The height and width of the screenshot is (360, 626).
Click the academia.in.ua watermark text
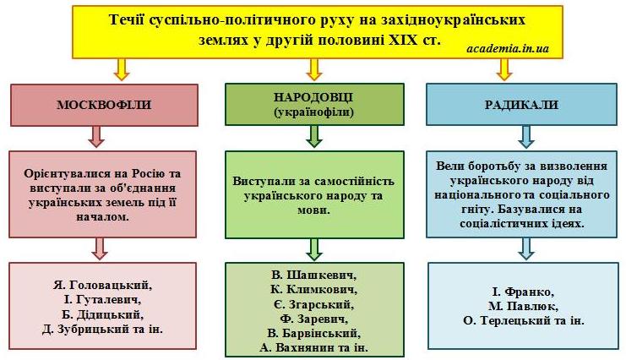coord(508,49)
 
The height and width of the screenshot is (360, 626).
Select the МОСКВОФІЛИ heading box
coord(104,105)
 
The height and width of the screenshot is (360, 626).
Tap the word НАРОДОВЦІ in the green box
coord(313,97)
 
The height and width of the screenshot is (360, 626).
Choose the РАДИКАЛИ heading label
coord(521,105)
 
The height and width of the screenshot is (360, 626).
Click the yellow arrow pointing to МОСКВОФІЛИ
coord(122,69)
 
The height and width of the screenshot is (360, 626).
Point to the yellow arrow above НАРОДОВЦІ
coord(314,69)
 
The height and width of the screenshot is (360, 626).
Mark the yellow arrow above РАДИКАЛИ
coord(504,69)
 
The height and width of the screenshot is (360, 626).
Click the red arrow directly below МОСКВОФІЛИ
coord(96,137)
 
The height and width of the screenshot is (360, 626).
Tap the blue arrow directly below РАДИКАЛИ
coord(525,137)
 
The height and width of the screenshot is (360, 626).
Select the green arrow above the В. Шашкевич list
coord(314,250)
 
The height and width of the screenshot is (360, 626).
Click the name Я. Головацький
coord(103,286)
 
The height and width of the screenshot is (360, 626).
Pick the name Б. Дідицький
coord(103,314)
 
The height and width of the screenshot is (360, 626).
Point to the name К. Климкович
coord(313,289)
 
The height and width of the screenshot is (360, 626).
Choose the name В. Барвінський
coord(313,333)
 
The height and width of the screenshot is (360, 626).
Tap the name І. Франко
coord(523,292)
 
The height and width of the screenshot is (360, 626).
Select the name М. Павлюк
coord(523,306)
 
